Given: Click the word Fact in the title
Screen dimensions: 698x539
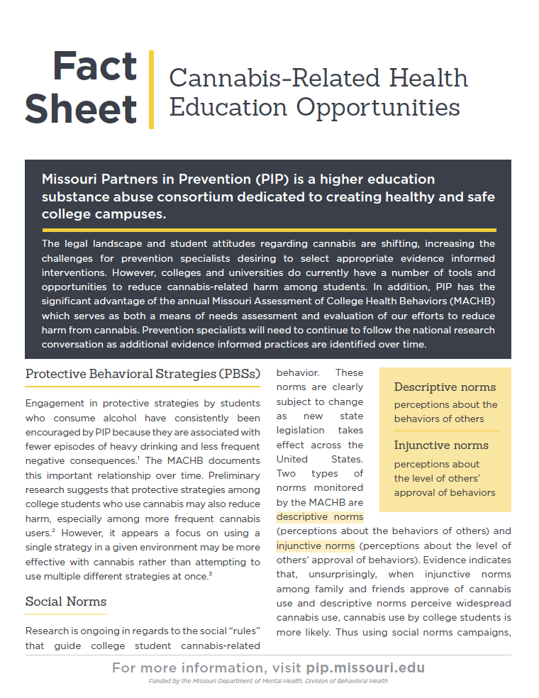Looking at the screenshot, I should click(x=95, y=67).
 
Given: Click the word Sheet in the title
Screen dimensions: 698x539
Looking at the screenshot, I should click(x=81, y=109).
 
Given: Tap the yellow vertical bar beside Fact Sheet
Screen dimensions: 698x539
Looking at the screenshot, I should click(x=151, y=89).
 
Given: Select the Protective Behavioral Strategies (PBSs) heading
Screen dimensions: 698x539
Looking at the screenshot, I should click(x=143, y=373).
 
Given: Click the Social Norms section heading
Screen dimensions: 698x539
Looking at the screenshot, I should click(x=66, y=602).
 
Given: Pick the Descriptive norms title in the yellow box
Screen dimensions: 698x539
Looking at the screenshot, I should click(x=445, y=387).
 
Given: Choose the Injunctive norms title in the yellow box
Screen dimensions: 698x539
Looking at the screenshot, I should click(x=441, y=445).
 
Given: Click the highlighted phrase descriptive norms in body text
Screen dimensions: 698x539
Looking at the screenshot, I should click(x=320, y=516).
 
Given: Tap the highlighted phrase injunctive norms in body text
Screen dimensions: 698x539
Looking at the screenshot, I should click(x=316, y=545).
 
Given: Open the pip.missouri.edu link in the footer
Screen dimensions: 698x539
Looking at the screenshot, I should click(x=365, y=668).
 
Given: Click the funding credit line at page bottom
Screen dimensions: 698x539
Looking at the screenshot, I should click(x=269, y=681).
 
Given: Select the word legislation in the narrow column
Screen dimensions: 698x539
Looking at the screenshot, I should click(x=300, y=430).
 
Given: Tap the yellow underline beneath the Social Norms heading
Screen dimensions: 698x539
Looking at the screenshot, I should click(x=66, y=614).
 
